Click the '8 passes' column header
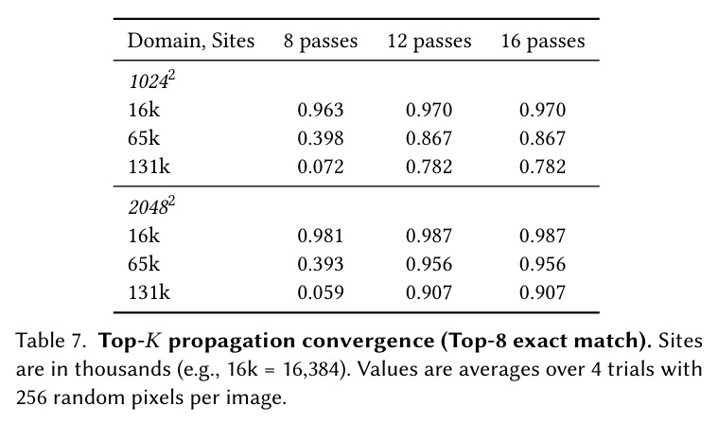coord(321,42)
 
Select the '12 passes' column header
coord(429,42)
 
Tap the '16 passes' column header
coord(543,42)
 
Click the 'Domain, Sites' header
coord(190,41)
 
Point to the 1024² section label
coord(152,80)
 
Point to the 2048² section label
coord(152,206)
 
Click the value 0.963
coord(321,110)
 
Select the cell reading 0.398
coord(321,138)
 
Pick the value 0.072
coord(321,167)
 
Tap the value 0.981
coord(321,236)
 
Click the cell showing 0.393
coord(321,264)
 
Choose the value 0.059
coord(321,292)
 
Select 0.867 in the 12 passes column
coord(429,138)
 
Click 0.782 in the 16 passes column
coord(543,167)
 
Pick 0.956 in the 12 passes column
coord(429,264)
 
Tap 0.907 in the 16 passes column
coord(543,292)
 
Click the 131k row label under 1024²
coord(149,167)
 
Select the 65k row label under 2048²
coord(144,264)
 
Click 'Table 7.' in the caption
coord(51,341)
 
